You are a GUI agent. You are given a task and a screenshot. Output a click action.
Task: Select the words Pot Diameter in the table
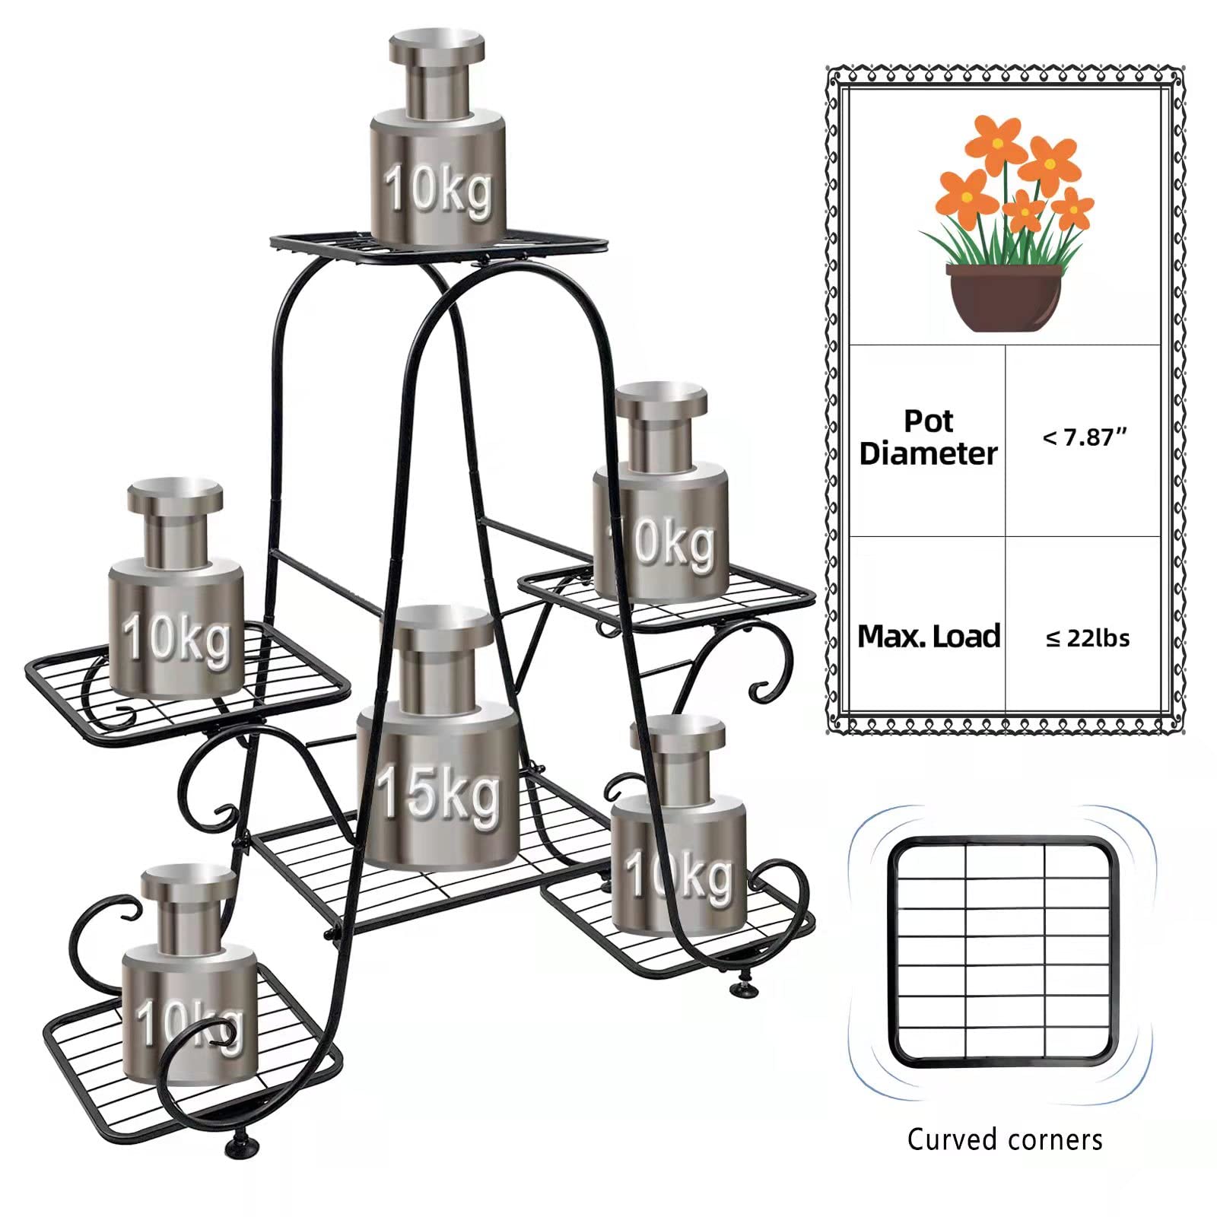(x=928, y=437)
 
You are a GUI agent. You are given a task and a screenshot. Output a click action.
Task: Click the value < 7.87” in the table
(x=1085, y=437)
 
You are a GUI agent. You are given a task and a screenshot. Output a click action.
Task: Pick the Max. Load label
(x=928, y=637)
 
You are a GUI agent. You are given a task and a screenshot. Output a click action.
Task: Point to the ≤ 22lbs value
(x=1088, y=638)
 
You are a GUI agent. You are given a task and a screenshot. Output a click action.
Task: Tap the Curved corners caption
(x=1005, y=1139)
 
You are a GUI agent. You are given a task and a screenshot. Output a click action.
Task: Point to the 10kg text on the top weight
(x=438, y=189)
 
